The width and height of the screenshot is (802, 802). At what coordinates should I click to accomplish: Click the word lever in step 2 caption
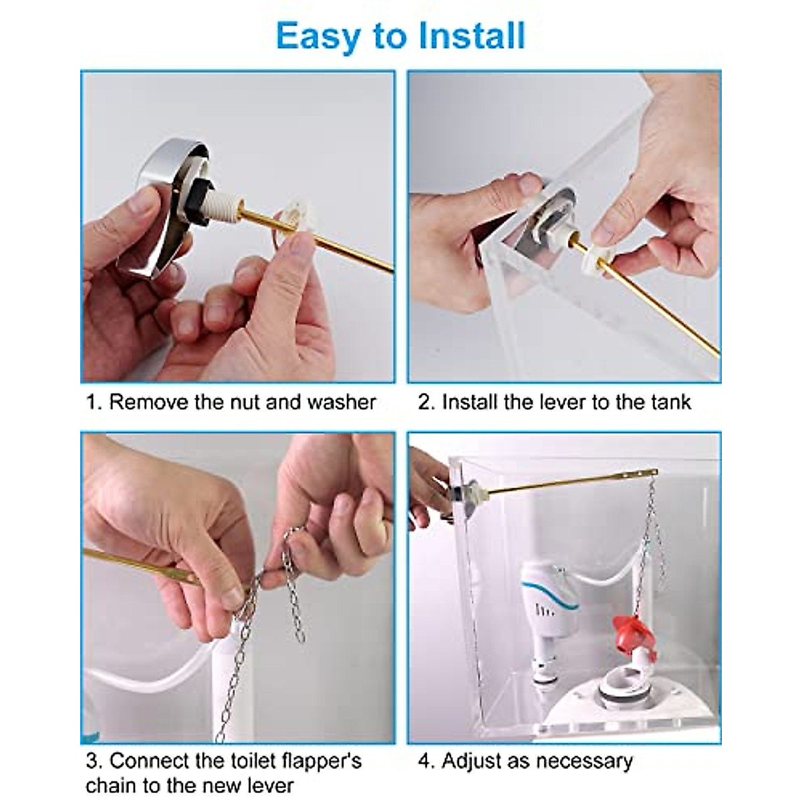pyautogui.click(x=541, y=402)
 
